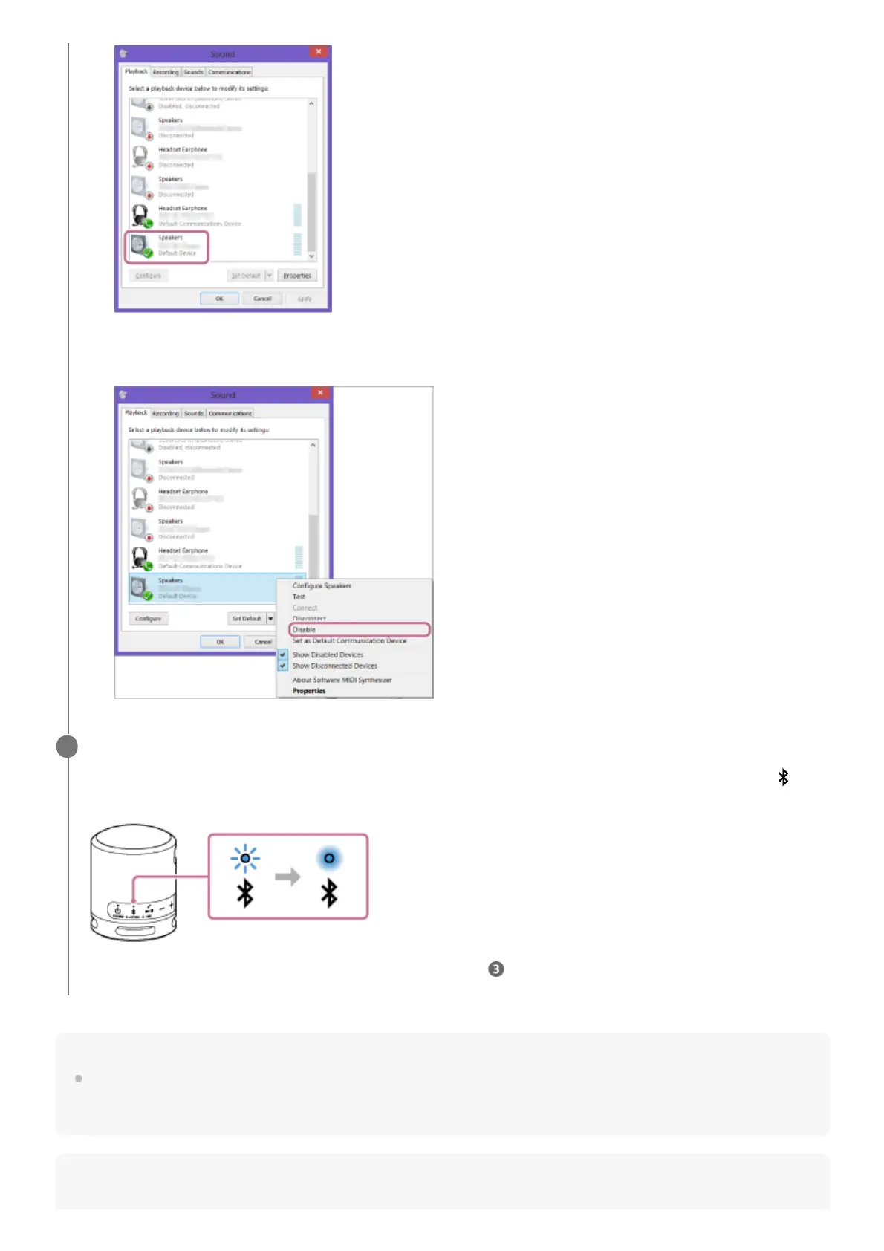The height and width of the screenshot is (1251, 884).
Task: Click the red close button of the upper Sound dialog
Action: click(x=319, y=52)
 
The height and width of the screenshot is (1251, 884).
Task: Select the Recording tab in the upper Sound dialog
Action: click(x=166, y=72)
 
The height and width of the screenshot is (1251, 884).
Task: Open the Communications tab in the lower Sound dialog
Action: click(x=230, y=413)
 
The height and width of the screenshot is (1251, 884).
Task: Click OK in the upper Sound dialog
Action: click(x=219, y=299)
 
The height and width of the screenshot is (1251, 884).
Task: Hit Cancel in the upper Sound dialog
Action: click(x=262, y=299)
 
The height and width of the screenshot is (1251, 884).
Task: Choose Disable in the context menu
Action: click(x=304, y=629)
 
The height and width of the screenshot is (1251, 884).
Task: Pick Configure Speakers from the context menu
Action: click(x=322, y=585)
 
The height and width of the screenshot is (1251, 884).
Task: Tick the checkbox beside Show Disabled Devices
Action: click(x=283, y=654)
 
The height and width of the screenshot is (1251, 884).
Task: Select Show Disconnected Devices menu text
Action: click(x=334, y=666)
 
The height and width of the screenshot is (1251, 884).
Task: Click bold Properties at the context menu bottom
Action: click(x=309, y=691)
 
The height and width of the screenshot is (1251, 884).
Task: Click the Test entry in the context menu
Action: click(x=299, y=597)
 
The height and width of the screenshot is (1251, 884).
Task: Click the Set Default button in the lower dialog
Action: click(x=246, y=618)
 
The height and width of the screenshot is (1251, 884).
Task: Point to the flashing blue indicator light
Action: click(x=245, y=859)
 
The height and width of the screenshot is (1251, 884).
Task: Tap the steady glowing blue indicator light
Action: click(x=329, y=858)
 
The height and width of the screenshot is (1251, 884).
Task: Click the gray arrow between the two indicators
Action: click(x=287, y=877)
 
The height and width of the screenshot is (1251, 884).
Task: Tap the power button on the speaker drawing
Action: click(x=117, y=909)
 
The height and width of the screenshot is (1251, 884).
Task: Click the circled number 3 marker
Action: click(x=495, y=969)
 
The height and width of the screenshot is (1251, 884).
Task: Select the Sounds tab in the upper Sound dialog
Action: click(x=193, y=72)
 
